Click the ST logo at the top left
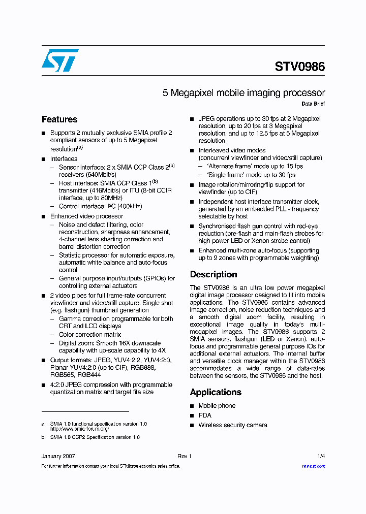point(60,60)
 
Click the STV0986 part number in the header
point(299,67)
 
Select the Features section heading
point(59,119)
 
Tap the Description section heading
point(213,274)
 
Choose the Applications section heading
point(216,392)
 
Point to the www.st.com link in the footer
point(313,466)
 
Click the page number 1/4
point(321,456)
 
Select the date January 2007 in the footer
point(58,456)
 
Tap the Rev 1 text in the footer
point(184,456)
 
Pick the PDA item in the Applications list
point(205,415)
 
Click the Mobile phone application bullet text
point(217,406)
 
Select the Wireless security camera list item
point(232,425)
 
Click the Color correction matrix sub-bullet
point(90,335)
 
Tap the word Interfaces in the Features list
point(64,159)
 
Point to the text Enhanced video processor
point(86,216)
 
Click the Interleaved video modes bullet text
point(232,151)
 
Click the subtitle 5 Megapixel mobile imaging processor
point(243,93)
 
